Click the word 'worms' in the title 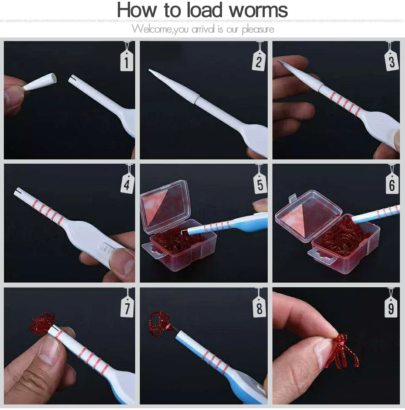point(258,10)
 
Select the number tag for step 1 point(127,61)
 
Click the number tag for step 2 point(258,61)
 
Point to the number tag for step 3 point(391,61)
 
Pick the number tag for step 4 point(127,184)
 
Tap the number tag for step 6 point(392,184)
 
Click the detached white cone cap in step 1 point(40,82)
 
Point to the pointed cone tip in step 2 point(149,70)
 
